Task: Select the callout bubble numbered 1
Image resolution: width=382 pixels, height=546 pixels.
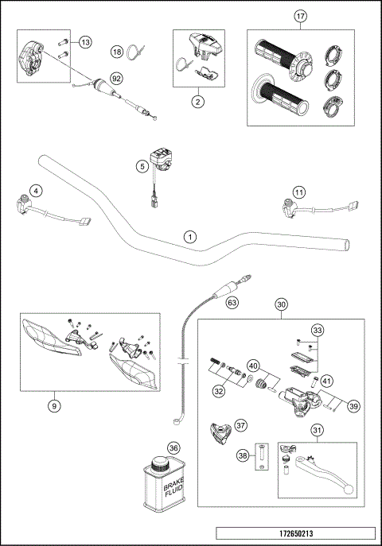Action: (189, 236)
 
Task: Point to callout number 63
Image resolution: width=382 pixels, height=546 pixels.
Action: (232, 303)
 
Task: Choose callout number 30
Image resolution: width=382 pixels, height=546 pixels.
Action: (281, 304)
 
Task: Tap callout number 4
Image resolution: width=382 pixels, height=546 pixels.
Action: (35, 191)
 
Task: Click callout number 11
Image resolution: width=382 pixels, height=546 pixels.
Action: (298, 192)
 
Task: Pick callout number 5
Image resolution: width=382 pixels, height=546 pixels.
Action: (142, 166)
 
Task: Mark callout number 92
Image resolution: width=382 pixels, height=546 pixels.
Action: (116, 79)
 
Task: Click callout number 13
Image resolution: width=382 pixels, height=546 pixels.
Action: (85, 42)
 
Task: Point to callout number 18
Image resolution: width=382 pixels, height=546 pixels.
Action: (117, 52)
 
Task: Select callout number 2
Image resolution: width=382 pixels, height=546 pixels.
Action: (197, 101)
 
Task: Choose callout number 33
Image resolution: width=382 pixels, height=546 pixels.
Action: (318, 331)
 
